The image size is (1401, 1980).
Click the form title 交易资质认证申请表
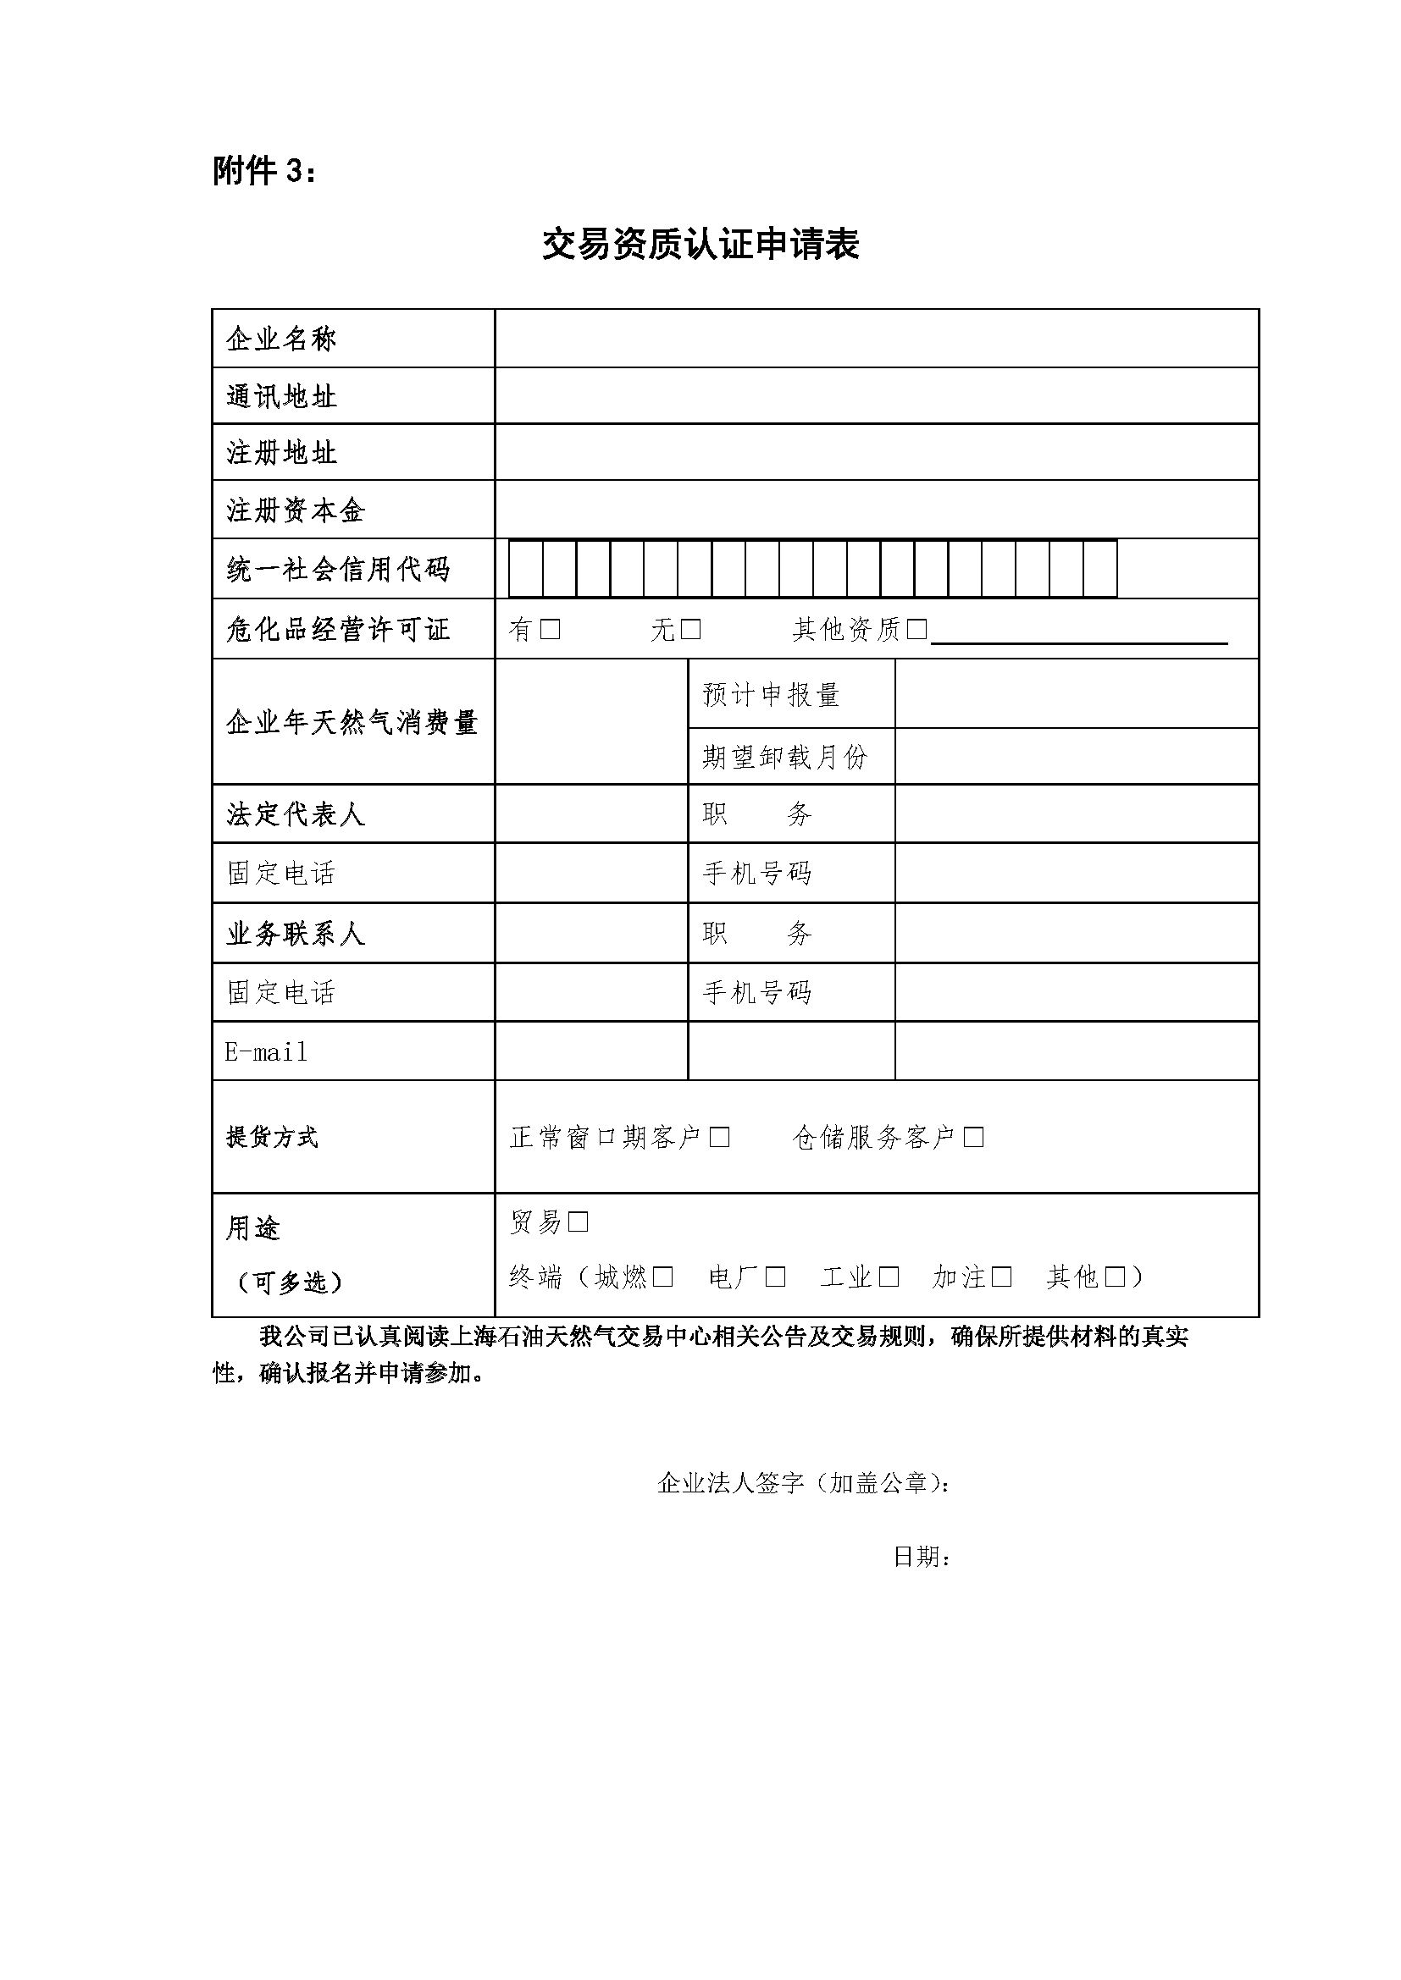click(700, 245)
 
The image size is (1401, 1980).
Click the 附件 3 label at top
click(264, 172)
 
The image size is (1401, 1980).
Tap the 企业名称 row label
click(281, 339)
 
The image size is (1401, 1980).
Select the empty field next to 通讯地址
click(876, 396)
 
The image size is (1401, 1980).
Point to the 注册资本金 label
click(296, 510)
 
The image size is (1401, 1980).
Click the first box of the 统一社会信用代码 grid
click(526, 568)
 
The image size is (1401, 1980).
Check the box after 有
click(551, 630)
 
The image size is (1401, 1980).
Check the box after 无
click(690, 630)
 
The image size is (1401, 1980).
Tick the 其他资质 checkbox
click(917, 630)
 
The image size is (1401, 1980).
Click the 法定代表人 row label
click(296, 814)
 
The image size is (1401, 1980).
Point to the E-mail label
click(266, 1052)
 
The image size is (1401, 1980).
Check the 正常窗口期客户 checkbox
click(719, 1138)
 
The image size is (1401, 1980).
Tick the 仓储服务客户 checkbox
click(974, 1138)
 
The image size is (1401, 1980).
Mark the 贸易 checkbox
click(578, 1222)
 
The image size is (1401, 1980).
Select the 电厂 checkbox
click(776, 1277)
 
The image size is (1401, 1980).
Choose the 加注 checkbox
click(1001, 1277)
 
